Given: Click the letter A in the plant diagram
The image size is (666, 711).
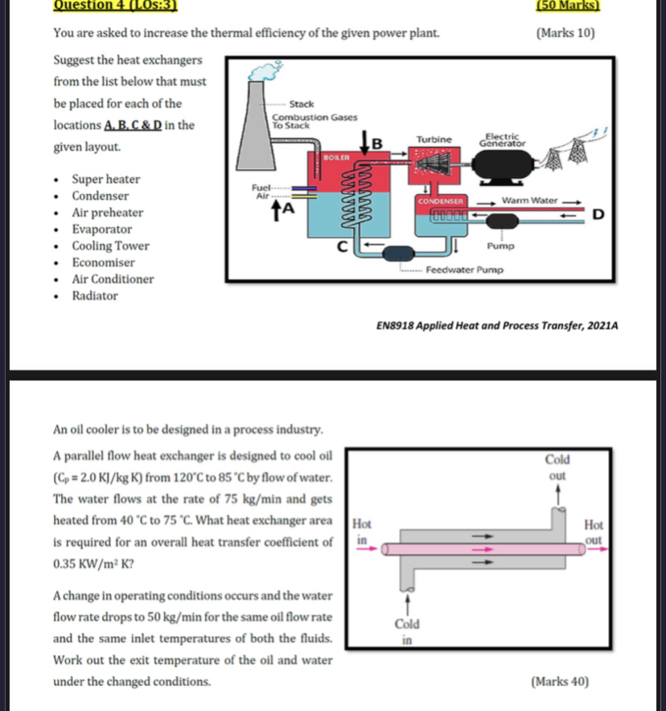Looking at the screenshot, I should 286,209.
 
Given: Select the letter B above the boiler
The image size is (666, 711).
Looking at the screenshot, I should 374,144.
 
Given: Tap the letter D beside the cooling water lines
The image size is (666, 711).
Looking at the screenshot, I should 598,213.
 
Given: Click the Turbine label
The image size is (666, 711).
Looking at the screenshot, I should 434,139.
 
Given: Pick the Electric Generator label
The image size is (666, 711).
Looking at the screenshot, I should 503,140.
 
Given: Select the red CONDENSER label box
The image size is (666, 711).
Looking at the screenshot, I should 439,199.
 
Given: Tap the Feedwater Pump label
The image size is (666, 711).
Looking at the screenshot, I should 464,271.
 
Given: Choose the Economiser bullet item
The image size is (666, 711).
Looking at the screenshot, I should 104,262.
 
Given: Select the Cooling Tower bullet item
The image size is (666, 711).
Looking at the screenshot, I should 110,246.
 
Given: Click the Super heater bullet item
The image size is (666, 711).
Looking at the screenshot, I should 105,179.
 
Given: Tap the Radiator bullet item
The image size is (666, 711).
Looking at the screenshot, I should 95,296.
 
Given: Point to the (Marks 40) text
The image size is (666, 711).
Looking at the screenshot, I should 560,682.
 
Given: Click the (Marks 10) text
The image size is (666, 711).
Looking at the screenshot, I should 565,33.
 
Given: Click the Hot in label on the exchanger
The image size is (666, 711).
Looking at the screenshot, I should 362,530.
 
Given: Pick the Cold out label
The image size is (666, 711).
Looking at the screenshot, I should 557,467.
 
